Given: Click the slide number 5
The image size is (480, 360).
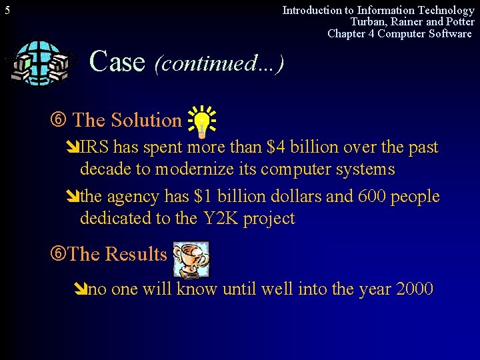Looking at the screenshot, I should (7, 10).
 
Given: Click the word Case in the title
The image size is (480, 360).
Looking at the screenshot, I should (117, 61).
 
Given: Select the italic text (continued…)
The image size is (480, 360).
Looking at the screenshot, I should (219, 63).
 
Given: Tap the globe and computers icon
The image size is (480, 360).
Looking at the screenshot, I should (41, 63).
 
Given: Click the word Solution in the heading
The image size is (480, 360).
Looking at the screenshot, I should (146, 121).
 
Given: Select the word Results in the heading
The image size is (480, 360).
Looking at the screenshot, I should (136, 255).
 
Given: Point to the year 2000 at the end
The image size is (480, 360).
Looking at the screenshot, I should (414, 289).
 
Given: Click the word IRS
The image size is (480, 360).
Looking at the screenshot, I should (95, 147).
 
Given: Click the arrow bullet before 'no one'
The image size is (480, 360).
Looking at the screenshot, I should (80, 290).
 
